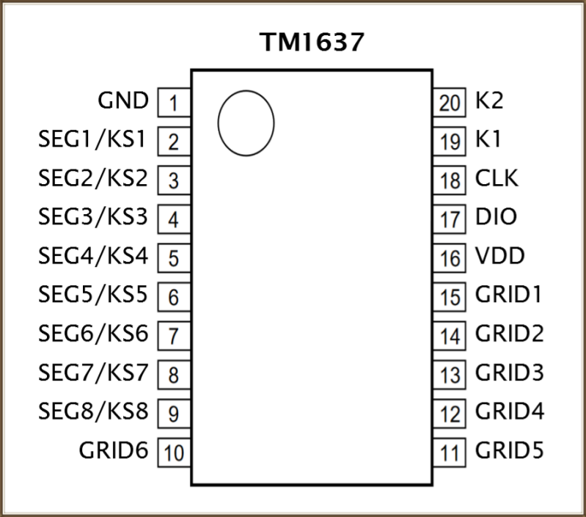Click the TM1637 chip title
tap(312, 42)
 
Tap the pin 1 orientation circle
tap(219, 123)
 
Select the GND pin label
tap(123, 101)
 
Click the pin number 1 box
tap(174, 103)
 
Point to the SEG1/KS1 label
tap(92, 139)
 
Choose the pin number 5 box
tap(174, 257)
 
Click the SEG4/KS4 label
tap(93, 256)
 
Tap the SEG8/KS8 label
tap(93, 411)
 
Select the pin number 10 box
tap(174, 452)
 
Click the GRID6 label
tap(114, 450)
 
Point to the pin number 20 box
tap(449, 103)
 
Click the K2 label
tap(489, 100)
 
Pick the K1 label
tap(488, 139)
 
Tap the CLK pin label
tap(497, 178)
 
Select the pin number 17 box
tap(449, 219)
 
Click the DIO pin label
tap(496, 217)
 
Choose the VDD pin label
tap(500, 256)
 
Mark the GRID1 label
tap(509, 295)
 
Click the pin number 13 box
tap(449, 375)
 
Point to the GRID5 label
tap(510, 450)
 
